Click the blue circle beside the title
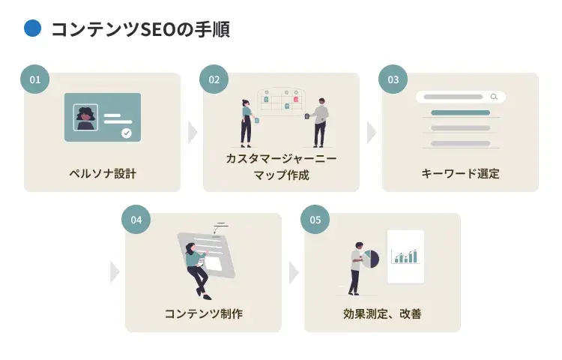[x=32, y=28]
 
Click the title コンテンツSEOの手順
[x=139, y=29]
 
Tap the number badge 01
[x=34, y=79]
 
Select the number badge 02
[x=214, y=79]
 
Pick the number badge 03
[x=393, y=79]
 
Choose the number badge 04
[x=136, y=219]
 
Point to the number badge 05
[x=315, y=219]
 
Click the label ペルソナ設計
[x=102, y=174]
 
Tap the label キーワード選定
[x=460, y=174]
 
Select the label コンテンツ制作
[x=203, y=313]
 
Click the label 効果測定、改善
[x=382, y=313]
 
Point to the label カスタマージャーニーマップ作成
[x=281, y=167]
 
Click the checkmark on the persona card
[x=127, y=133]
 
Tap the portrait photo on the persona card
[x=85, y=117]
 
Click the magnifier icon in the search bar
[x=494, y=97]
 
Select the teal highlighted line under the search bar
[x=460, y=112]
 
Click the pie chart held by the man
[x=371, y=259]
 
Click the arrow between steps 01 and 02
[x=193, y=132]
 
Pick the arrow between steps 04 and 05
[x=294, y=272]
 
